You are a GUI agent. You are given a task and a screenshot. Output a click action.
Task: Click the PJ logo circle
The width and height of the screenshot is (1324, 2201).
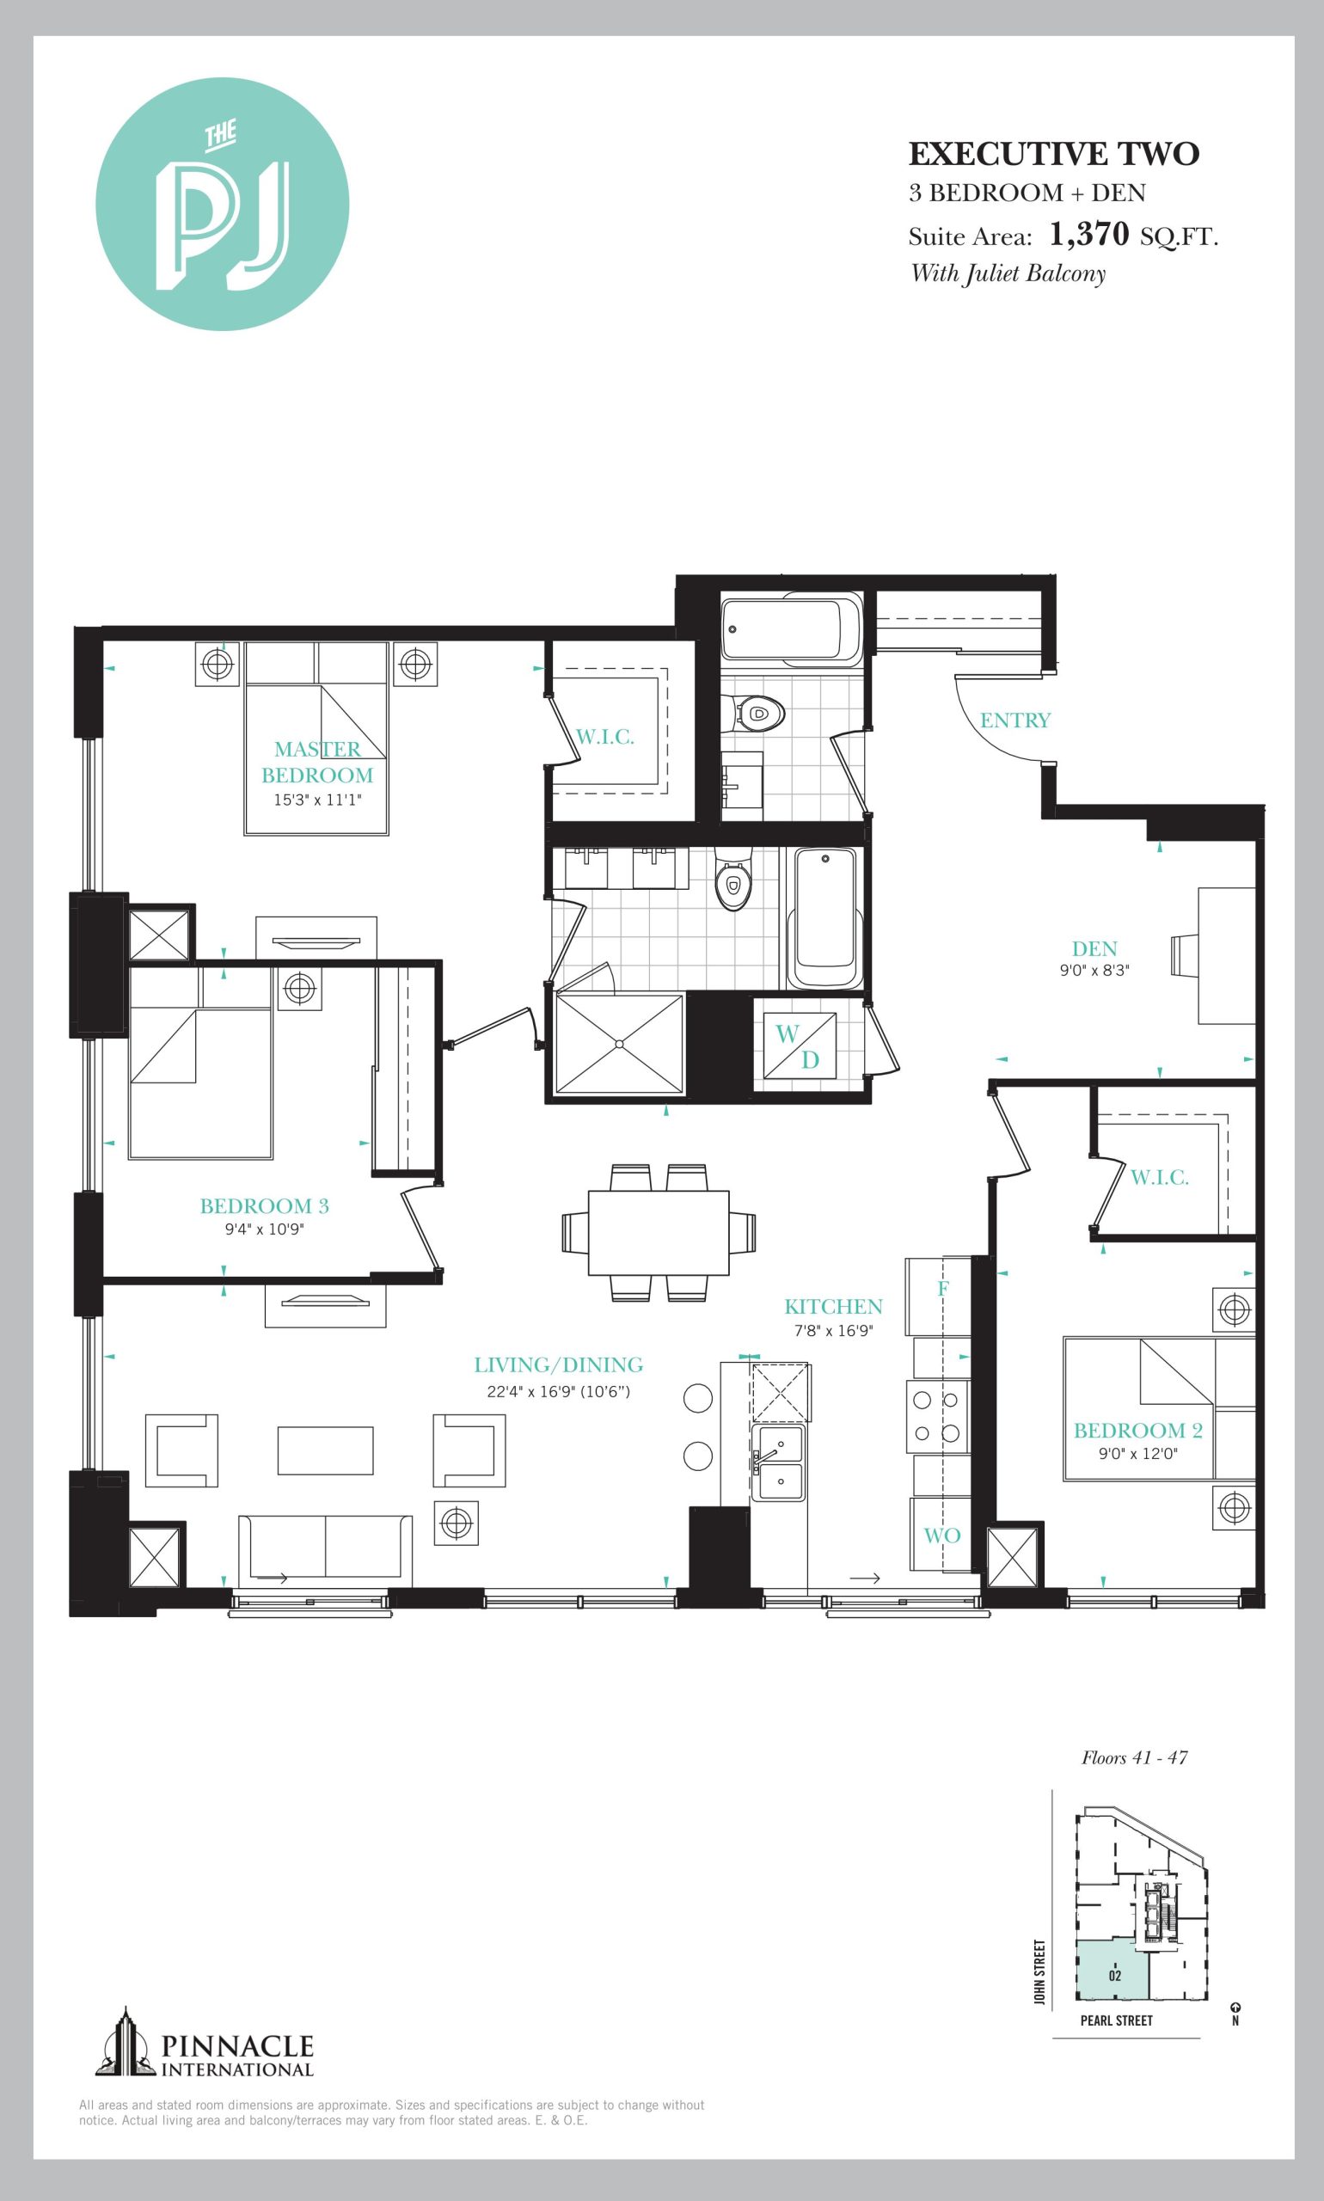tap(222, 205)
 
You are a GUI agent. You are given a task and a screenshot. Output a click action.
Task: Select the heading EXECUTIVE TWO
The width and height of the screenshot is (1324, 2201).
tap(1054, 155)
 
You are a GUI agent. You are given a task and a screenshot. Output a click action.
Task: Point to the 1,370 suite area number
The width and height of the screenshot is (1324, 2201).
tap(1089, 234)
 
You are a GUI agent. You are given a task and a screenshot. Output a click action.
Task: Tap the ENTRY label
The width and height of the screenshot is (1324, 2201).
tap(1014, 720)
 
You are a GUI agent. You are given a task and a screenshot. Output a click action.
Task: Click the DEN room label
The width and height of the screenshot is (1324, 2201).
tap(1094, 948)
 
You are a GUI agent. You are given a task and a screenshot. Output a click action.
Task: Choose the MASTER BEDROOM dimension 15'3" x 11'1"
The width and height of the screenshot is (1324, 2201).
tap(317, 800)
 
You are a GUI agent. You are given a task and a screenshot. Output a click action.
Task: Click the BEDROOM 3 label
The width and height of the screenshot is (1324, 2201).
tap(264, 1206)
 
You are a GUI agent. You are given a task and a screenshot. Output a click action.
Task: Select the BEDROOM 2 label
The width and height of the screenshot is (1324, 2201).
tap(1137, 1430)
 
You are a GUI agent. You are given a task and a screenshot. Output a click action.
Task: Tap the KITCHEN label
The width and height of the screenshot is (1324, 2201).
tap(833, 1306)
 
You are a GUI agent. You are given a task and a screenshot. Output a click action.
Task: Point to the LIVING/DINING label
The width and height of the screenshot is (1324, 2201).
tap(559, 1364)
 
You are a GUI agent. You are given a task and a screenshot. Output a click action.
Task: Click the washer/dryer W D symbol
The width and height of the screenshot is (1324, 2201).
tap(799, 1045)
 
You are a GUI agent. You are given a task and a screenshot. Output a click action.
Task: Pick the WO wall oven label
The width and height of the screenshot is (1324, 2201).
tap(941, 1536)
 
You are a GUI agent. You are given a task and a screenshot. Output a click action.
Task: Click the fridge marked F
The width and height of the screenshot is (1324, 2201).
tap(939, 1296)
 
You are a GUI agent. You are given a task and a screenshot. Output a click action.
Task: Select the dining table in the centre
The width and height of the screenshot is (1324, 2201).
tap(659, 1232)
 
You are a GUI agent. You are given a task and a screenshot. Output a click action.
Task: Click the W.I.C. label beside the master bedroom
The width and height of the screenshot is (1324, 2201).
tap(605, 737)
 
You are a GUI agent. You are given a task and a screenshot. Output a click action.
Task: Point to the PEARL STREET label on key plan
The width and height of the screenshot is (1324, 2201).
tap(1116, 2020)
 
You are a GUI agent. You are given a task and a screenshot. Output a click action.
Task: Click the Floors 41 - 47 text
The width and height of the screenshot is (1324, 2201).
tap(1134, 1757)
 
